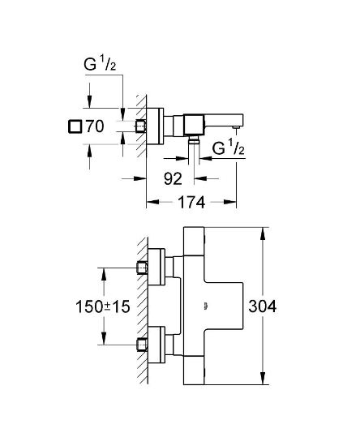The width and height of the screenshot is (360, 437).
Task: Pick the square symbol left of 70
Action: (75, 126)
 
